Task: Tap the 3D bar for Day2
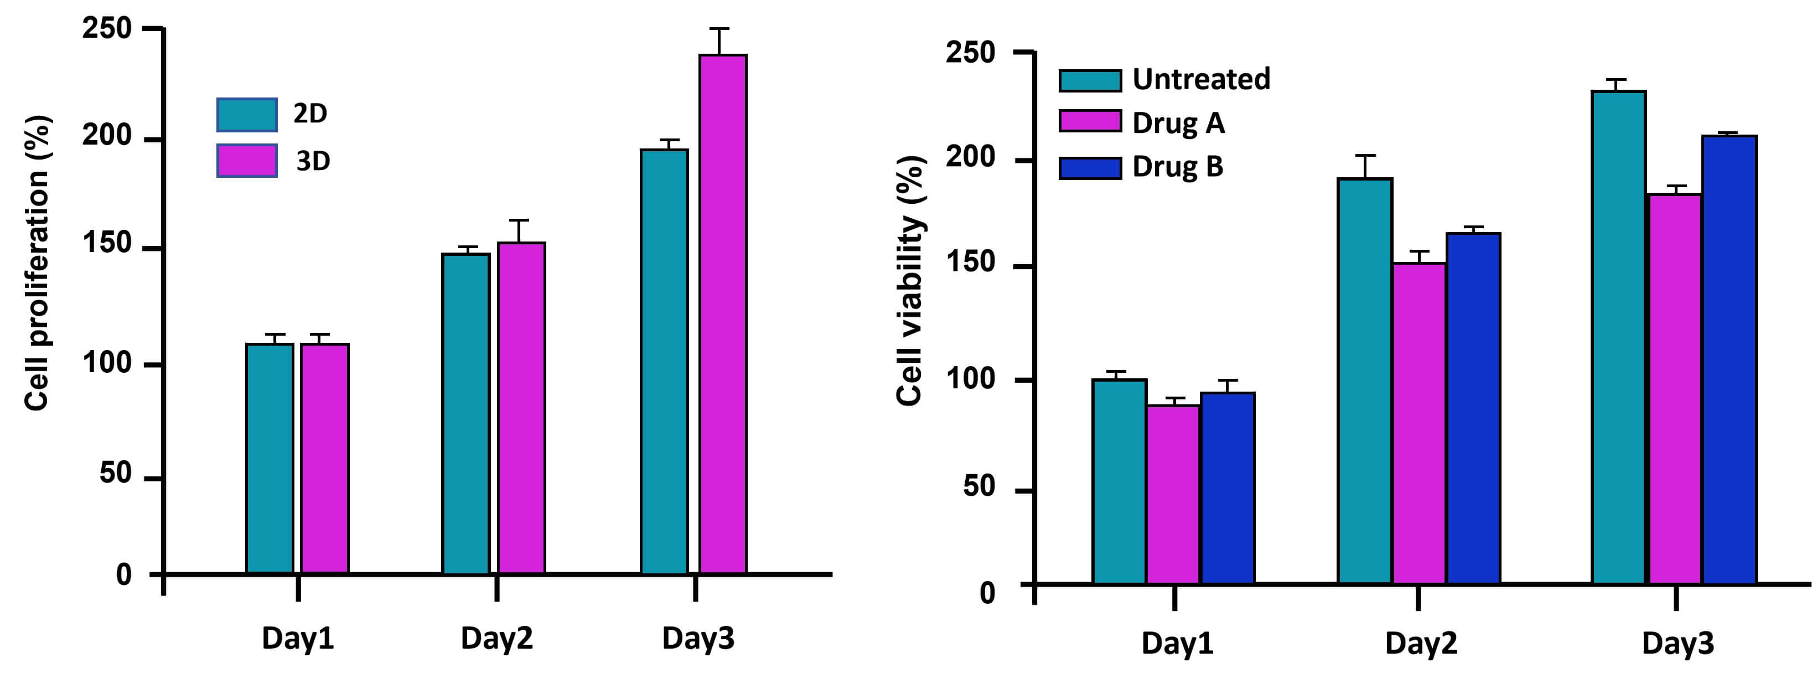pos(521,408)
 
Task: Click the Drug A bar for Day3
pos(1675,389)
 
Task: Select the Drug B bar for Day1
pos(1228,488)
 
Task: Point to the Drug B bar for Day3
pos(1729,359)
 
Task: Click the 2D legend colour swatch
pos(246,115)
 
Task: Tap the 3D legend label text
pos(313,162)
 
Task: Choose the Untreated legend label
pos(1201,79)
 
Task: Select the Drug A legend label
pos(1178,123)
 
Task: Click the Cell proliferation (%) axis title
pos(37,262)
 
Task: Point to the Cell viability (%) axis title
pos(909,280)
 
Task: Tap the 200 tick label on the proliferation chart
pos(107,136)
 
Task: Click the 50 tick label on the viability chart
pos(979,487)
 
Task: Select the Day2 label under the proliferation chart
pos(496,639)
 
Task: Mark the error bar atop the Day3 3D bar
pos(719,41)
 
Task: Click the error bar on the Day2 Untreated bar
pos(1365,166)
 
